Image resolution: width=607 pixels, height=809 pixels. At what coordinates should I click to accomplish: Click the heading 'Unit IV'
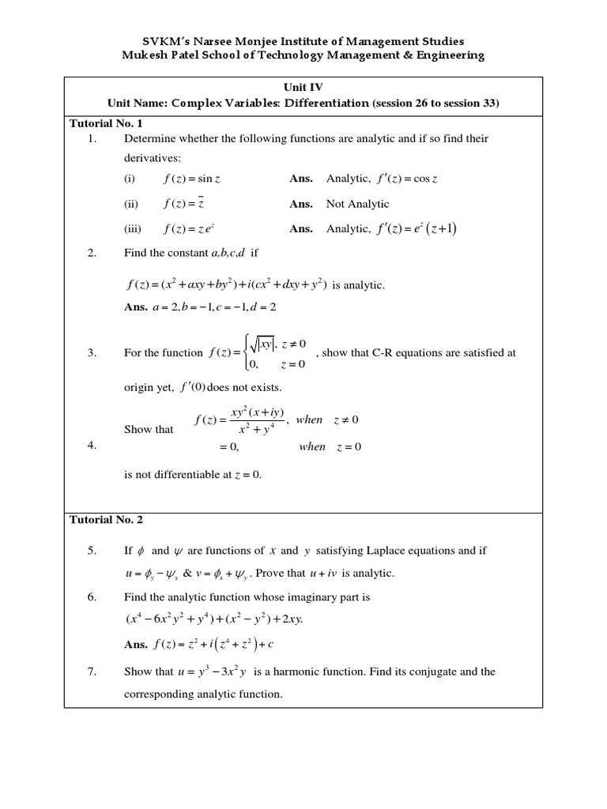pyautogui.click(x=303, y=88)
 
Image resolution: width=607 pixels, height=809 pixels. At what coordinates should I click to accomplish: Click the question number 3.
pyautogui.click(x=92, y=353)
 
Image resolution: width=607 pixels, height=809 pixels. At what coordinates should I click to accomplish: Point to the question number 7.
pyautogui.click(x=92, y=672)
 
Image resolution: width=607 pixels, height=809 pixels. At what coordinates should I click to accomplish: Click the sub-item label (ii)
pyautogui.click(x=131, y=204)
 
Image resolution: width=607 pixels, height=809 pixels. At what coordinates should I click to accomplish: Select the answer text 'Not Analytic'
pyautogui.click(x=358, y=204)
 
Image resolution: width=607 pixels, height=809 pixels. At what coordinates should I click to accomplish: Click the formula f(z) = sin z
pyautogui.click(x=192, y=179)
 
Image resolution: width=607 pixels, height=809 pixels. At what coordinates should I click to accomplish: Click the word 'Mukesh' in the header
pyautogui.click(x=147, y=55)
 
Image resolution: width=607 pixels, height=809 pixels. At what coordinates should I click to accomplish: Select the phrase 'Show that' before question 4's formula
pyautogui.click(x=149, y=430)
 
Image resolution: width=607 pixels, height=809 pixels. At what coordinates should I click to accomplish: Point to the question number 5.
pyautogui.click(x=92, y=551)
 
